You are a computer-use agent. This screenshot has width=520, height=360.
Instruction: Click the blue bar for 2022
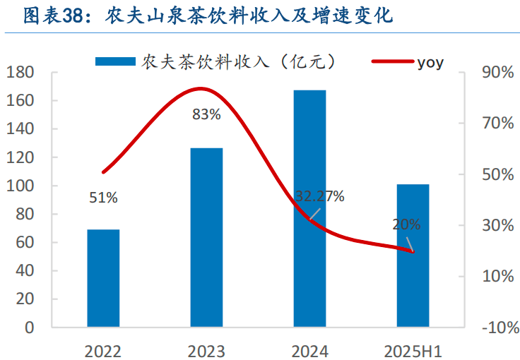point(103,278)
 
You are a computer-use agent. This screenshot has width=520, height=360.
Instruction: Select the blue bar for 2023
point(206,237)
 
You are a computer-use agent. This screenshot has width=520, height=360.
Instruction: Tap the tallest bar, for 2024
point(309,208)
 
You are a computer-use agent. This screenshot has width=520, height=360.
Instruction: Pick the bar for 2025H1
point(413,256)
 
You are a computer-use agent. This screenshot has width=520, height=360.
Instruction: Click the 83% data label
point(206,114)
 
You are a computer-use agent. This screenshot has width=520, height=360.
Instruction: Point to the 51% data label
point(103,198)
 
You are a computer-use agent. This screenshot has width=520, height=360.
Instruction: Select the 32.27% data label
point(319,196)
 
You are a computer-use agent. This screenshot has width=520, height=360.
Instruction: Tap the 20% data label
point(406,225)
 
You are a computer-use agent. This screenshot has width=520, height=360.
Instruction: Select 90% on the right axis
point(497,73)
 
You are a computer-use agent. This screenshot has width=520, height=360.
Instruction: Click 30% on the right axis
point(497,226)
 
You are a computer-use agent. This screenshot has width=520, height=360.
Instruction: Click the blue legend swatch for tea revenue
point(115,62)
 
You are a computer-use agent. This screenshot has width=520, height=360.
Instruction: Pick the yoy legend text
point(430,62)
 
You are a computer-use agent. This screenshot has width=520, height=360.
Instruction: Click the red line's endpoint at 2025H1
point(413,251)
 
